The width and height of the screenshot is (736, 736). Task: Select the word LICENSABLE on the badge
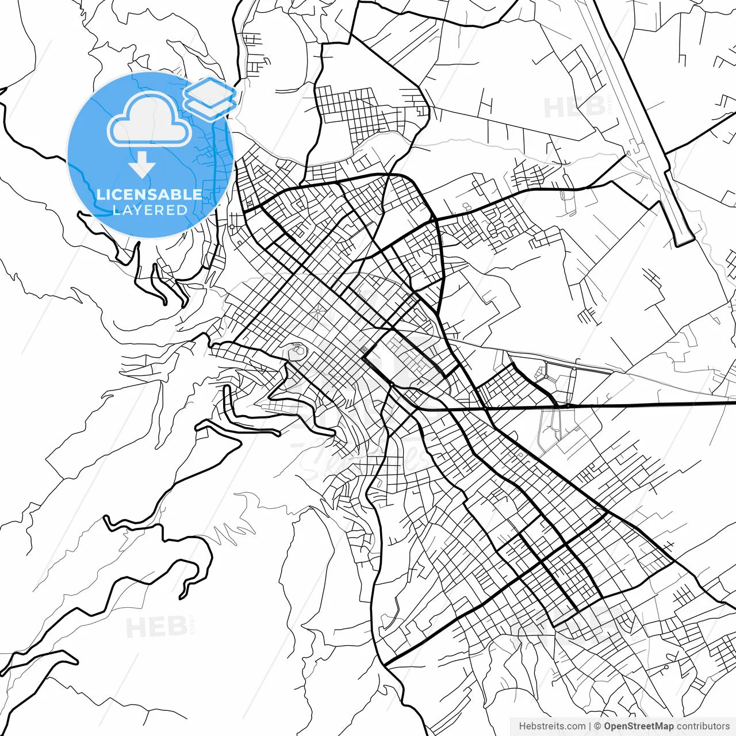pos(149,194)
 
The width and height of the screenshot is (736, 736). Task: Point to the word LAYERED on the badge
pos(149,210)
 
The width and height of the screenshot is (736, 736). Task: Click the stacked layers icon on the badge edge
pos(210,98)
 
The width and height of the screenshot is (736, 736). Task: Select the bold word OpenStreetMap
pos(638,726)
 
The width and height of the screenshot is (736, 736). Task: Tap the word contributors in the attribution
pos(703,726)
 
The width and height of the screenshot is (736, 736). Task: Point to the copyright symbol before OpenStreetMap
pos(597,726)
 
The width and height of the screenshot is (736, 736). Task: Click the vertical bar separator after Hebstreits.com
pos(590,726)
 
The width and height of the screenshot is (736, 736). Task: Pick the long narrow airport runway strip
pos(638,126)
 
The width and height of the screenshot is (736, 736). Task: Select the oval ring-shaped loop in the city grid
pos(297,350)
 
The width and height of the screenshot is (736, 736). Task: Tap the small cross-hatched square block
pos(364,351)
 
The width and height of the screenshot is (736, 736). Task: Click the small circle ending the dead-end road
pos(666,667)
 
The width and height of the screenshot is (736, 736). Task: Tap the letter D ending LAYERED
pos(182,210)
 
